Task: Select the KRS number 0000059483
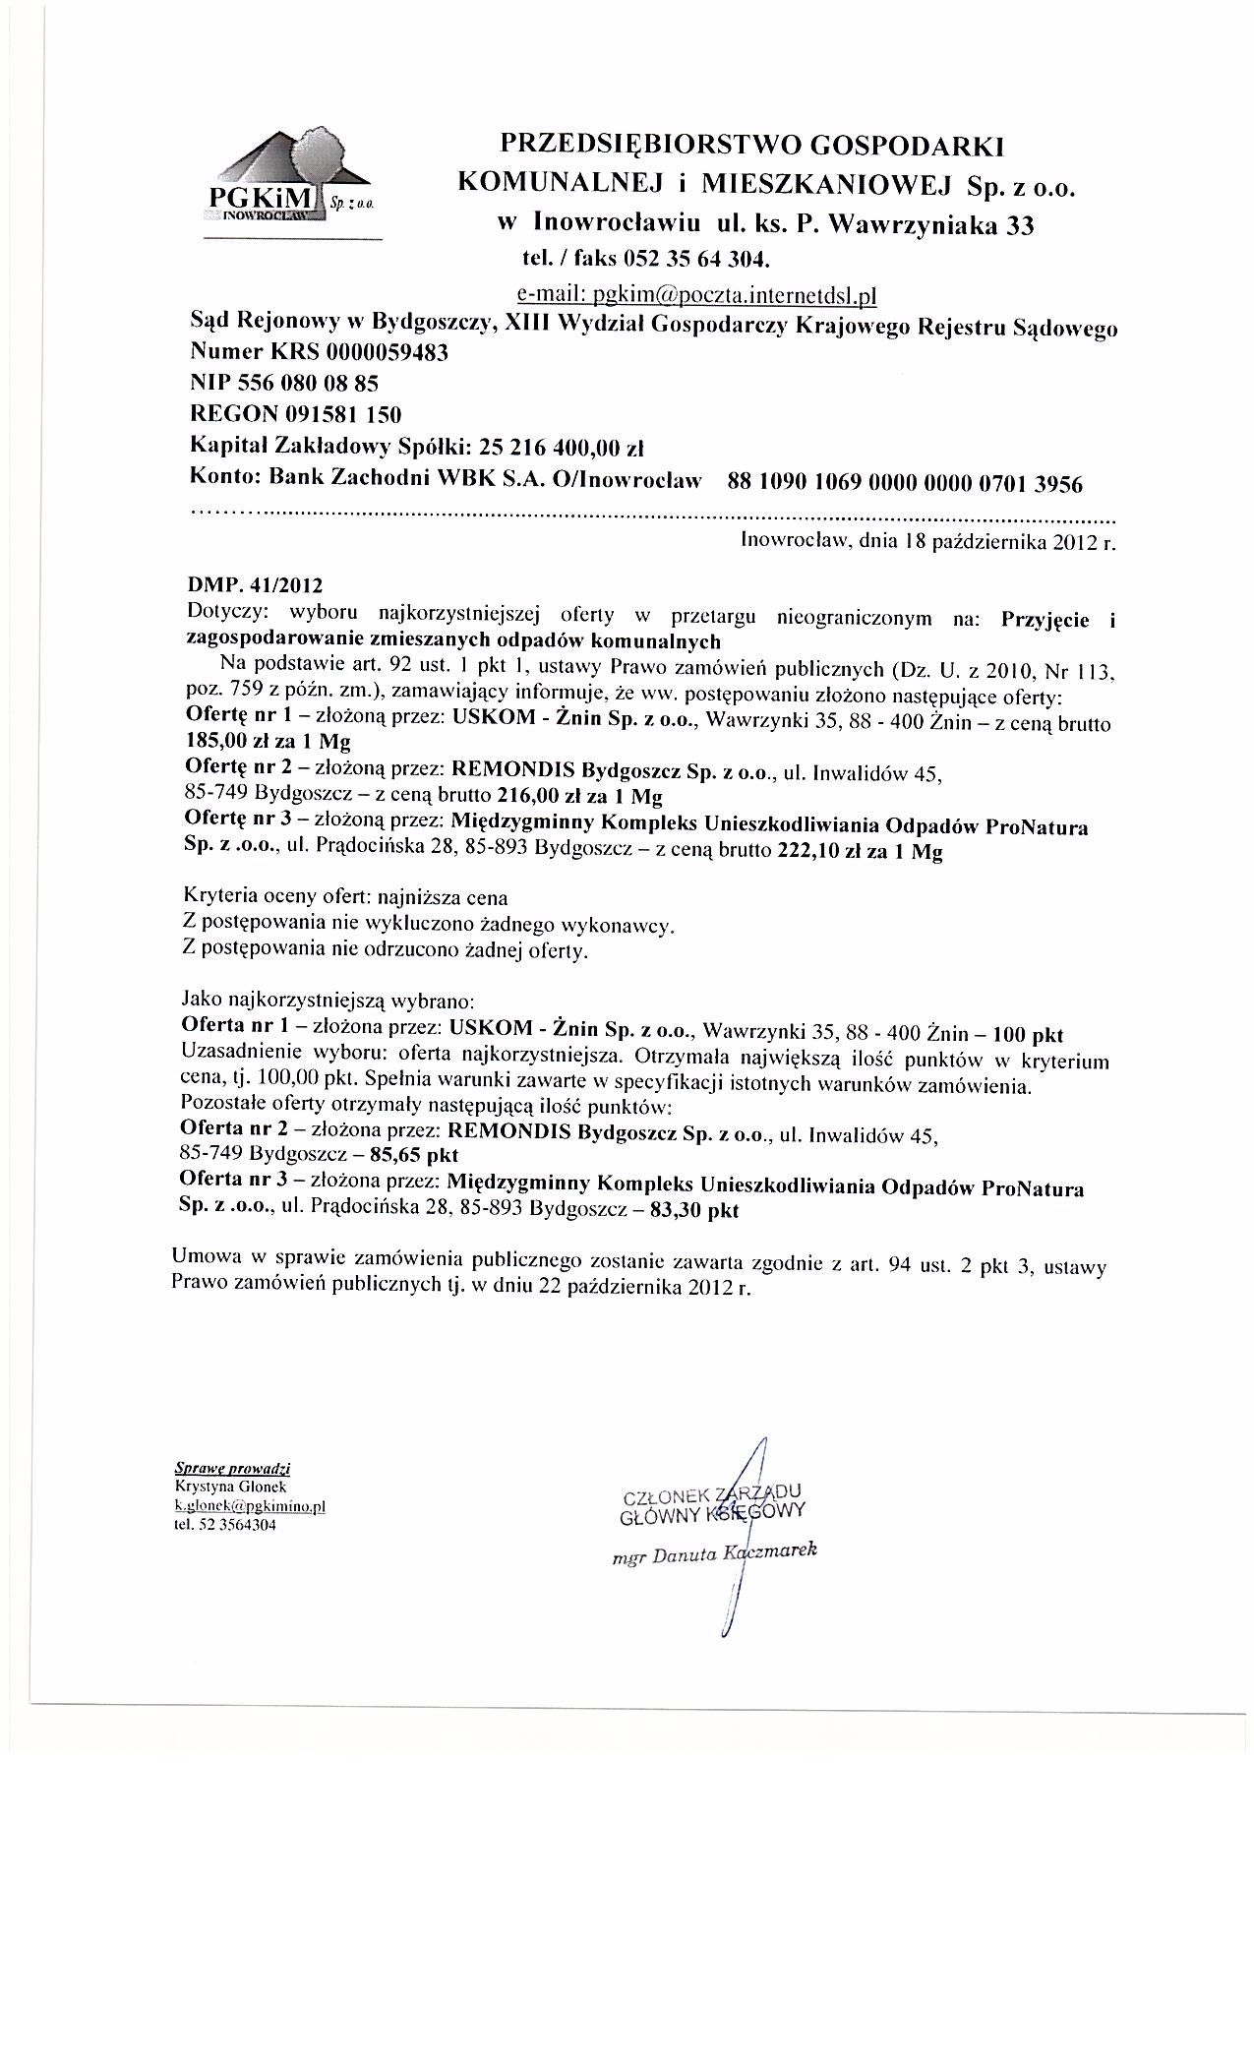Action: [x=389, y=352]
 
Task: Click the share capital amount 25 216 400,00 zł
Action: [x=561, y=447]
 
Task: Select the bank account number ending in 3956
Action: [x=904, y=483]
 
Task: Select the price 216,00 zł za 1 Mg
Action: [x=581, y=795]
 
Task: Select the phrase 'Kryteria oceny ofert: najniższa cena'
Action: [x=345, y=898]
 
